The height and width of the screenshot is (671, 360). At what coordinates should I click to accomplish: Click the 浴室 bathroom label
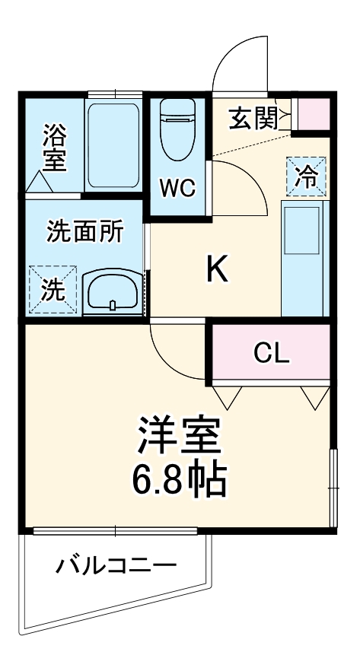[x=53, y=148]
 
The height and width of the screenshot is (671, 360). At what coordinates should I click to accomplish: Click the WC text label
[x=177, y=187]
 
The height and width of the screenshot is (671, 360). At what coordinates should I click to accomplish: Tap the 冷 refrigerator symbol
[x=306, y=177]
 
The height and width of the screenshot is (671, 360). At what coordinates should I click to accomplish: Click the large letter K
[x=218, y=269]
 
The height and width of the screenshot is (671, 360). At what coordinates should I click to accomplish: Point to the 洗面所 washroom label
[x=84, y=232]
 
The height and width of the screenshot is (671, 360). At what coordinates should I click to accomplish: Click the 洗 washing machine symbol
[x=53, y=288]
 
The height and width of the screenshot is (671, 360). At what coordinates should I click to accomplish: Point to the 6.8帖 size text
[x=179, y=479]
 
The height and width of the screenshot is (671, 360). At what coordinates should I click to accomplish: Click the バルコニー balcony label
[x=116, y=567]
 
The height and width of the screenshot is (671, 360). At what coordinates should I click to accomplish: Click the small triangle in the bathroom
[x=39, y=183]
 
